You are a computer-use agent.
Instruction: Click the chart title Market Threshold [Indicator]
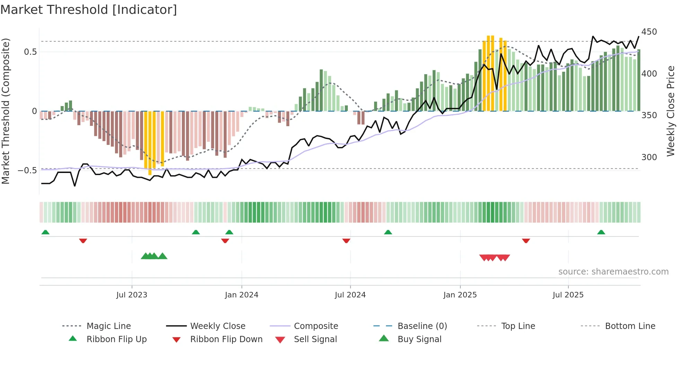[89, 10]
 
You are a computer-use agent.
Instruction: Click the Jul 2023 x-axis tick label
[132, 295]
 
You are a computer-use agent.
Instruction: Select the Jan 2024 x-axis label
[241, 295]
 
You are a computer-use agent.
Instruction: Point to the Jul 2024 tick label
[350, 295]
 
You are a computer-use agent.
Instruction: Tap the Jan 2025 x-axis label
[460, 295]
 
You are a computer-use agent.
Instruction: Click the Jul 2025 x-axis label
[568, 295]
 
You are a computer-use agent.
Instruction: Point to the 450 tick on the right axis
[649, 32]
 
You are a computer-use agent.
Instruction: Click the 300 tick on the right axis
[649, 157]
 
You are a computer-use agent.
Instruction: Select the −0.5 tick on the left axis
[27, 171]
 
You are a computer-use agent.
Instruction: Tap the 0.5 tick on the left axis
[30, 52]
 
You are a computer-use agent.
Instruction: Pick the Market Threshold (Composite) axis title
[6, 111]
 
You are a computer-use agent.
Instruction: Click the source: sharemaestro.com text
[613, 272]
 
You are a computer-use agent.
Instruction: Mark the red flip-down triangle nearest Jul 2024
[346, 241]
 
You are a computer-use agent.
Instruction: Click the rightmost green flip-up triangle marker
[601, 232]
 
